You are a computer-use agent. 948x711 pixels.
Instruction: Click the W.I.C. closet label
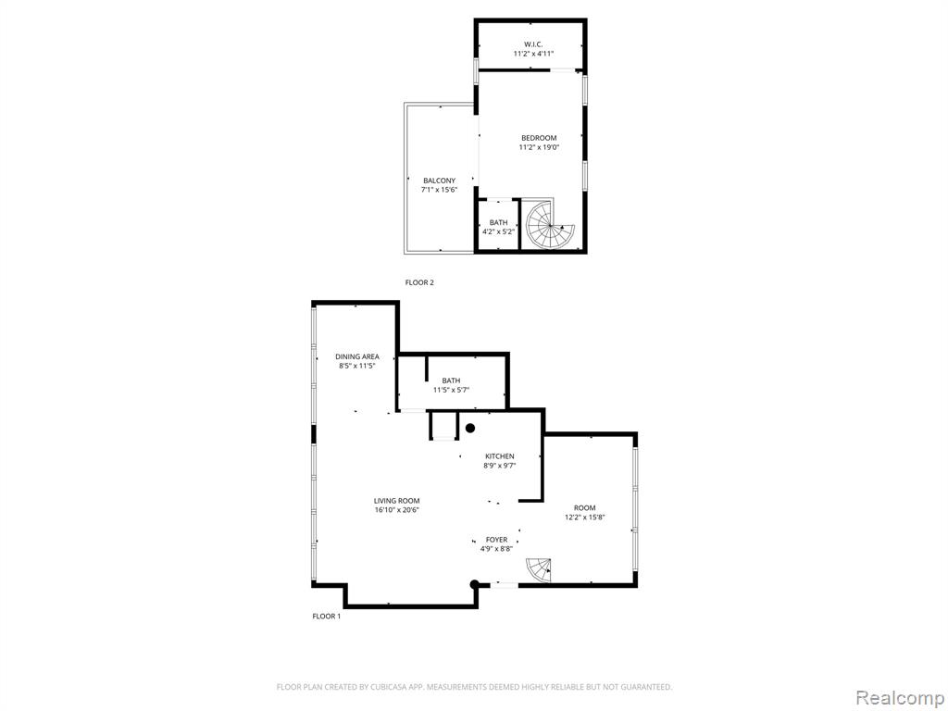(x=533, y=44)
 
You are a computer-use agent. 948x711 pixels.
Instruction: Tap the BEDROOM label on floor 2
(x=539, y=138)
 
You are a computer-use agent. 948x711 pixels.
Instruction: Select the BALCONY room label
(x=439, y=181)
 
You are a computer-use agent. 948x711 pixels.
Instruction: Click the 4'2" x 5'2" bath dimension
(x=499, y=231)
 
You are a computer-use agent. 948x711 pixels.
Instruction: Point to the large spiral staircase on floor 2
(x=547, y=224)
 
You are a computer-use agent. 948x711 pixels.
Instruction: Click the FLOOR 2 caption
(x=419, y=282)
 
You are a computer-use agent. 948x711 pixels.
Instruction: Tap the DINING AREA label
(x=357, y=356)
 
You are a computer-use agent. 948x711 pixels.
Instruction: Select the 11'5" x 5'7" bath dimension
(x=451, y=390)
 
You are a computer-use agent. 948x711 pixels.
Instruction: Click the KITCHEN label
(x=499, y=456)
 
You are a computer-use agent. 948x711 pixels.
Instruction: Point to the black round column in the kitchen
(x=469, y=428)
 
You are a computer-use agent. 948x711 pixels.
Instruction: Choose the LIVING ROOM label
(x=396, y=501)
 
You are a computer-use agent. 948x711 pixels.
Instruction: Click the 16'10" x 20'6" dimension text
(x=396, y=510)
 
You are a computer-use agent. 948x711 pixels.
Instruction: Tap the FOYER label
(x=497, y=540)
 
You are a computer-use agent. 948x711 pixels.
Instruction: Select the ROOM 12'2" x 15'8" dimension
(x=585, y=517)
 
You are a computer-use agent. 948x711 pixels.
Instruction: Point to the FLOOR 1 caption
(x=327, y=616)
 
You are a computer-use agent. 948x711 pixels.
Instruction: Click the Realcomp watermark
(x=899, y=698)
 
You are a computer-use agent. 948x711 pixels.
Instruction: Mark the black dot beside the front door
(x=475, y=584)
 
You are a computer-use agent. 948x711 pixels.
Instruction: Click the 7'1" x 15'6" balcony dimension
(x=439, y=190)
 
